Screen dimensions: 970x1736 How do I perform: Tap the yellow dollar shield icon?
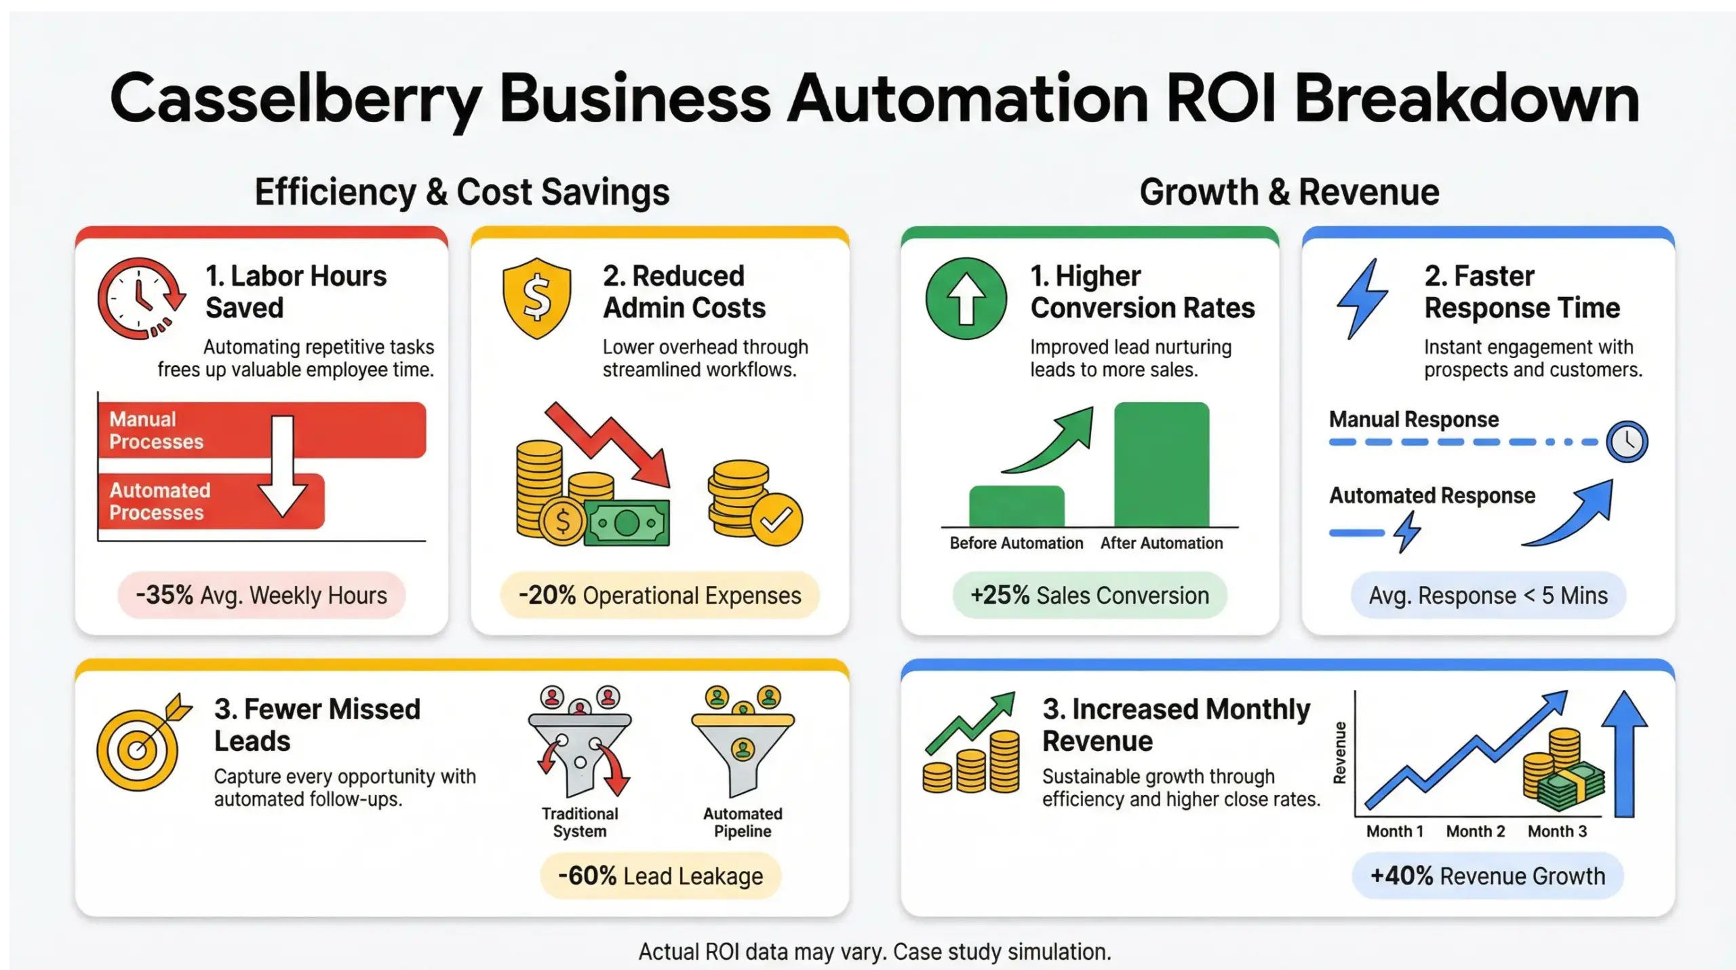536,298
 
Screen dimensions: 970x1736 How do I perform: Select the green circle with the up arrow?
966,298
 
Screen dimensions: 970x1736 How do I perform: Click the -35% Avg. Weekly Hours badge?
262,596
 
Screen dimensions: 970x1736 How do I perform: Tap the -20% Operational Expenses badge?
660,596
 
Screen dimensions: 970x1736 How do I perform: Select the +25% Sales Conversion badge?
1090,596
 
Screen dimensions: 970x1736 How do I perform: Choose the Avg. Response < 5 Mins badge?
1488,596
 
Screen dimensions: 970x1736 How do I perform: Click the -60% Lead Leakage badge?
660,876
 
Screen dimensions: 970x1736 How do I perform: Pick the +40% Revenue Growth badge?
1488,876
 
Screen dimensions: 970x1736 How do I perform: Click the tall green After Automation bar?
1162,464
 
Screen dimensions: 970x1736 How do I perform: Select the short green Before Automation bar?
1017,506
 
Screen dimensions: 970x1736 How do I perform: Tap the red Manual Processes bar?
262,430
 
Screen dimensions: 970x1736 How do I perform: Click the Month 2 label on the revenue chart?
1476,832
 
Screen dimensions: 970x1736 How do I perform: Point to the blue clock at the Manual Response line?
1627,442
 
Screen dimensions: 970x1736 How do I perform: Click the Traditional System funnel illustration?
580,746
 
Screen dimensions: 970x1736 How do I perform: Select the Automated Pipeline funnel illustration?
743,746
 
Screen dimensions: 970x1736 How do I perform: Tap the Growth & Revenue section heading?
1289,192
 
